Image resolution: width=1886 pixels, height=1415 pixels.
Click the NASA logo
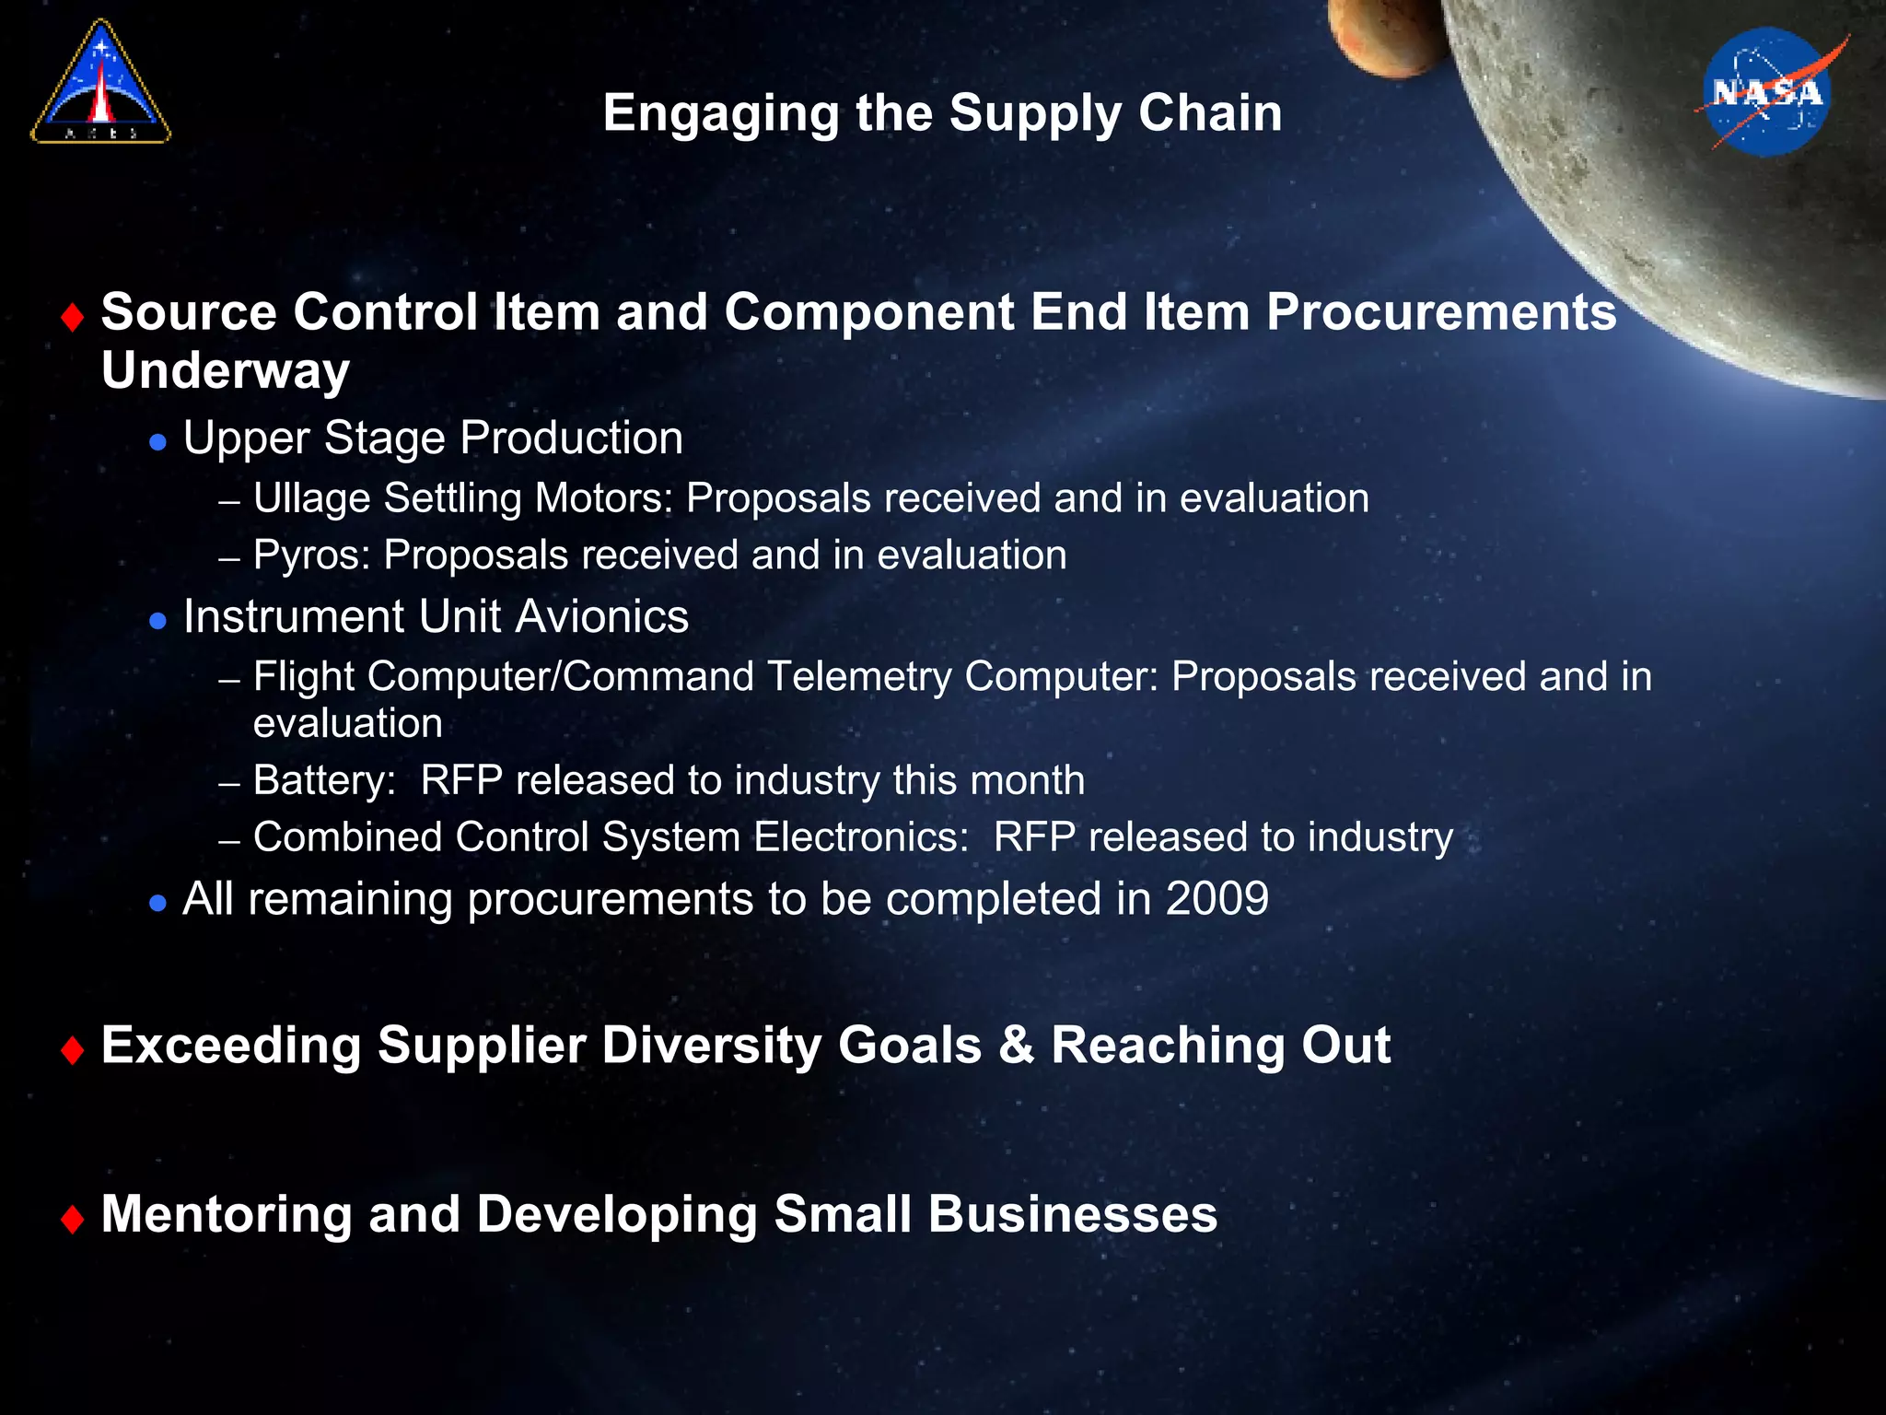coord(1767,92)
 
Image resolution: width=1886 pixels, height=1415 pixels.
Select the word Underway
coord(226,370)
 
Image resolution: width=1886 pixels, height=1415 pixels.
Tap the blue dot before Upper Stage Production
coord(157,442)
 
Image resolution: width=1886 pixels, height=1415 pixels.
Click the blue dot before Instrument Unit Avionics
coord(157,621)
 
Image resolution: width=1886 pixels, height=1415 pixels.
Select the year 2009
coord(1217,898)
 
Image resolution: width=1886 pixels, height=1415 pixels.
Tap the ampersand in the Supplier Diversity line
coord(1016,1046)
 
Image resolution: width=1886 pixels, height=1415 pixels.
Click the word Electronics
coord(860,837)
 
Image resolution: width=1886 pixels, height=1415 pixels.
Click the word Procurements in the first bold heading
coord(1441,312)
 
